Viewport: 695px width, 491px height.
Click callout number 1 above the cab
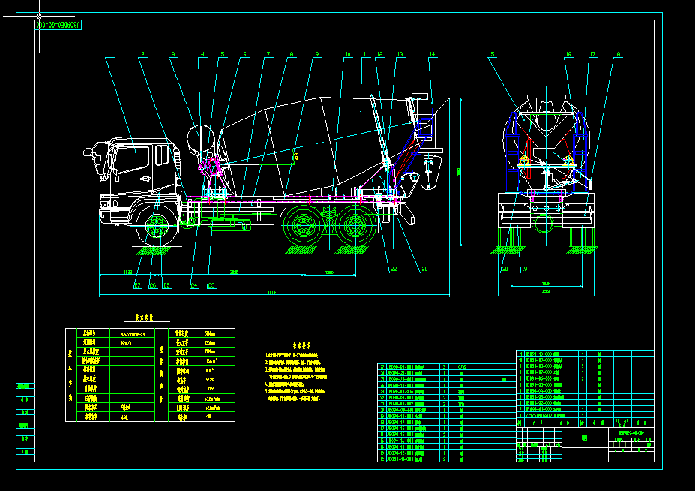coord(109,54)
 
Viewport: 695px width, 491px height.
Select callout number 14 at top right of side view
coord(432,54)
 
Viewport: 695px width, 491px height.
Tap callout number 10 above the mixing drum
coord(348,54)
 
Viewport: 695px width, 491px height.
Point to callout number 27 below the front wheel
coord(137,285)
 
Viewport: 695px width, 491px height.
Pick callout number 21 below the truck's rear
coord(424,269)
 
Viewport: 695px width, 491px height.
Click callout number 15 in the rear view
coord(492,54)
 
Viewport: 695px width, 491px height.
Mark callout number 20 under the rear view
coord(505,269)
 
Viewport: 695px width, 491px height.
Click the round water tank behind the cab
coord(202,139)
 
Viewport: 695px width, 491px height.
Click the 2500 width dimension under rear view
coord(546,291)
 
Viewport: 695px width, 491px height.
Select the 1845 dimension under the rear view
coord(546,283)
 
